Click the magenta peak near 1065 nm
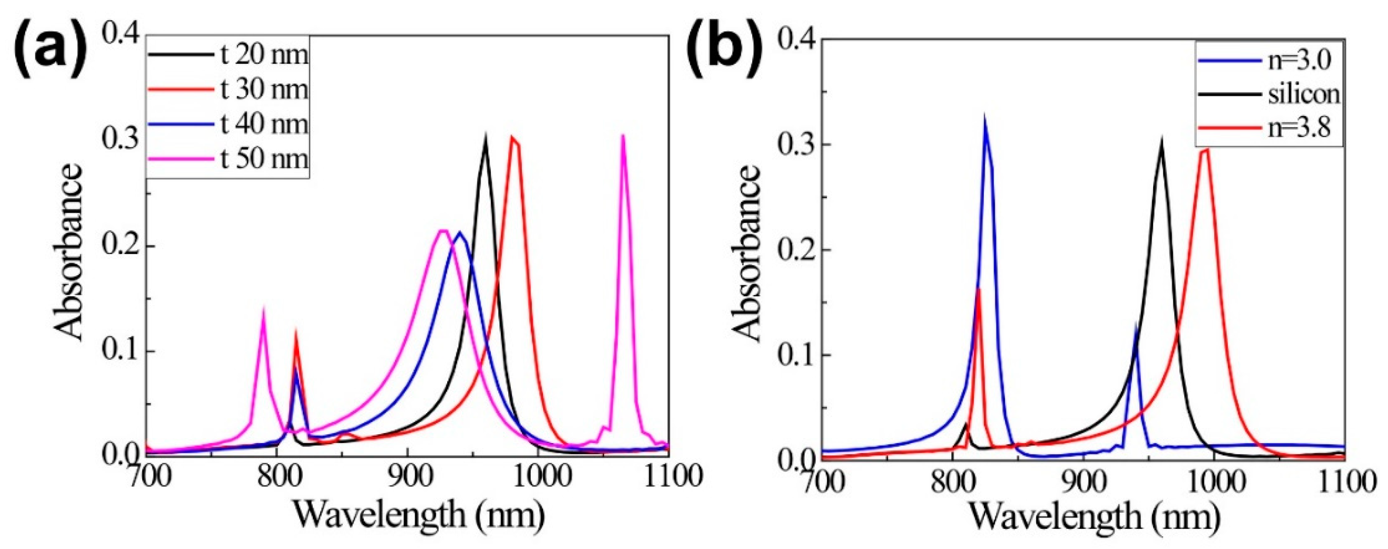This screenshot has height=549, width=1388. point(623,137)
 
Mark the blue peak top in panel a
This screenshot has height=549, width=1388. point(459,232)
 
